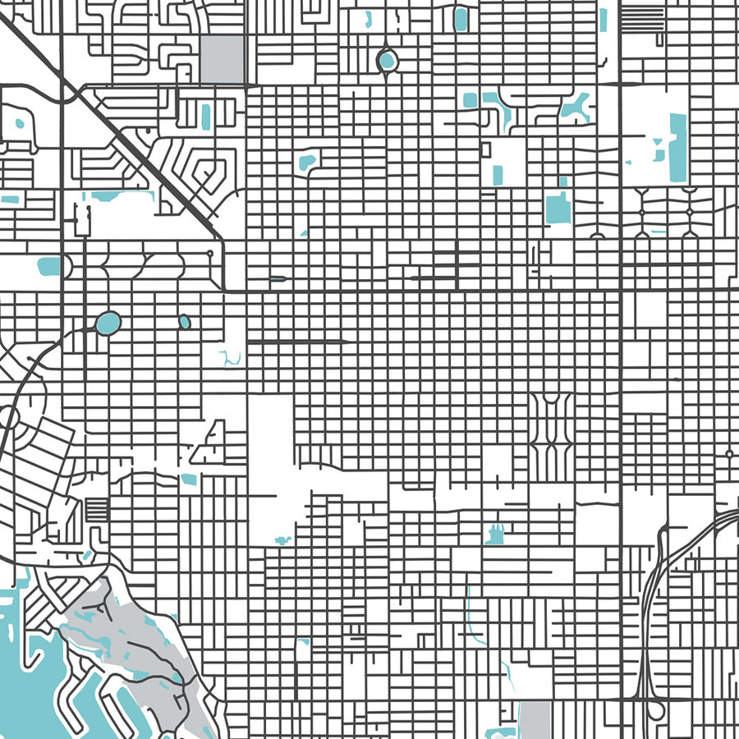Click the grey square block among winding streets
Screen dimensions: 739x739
[222, 58]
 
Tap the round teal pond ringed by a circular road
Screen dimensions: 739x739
[386, 60]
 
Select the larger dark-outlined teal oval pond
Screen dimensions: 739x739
[108, 323]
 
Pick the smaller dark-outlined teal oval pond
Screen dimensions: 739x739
[184, 322]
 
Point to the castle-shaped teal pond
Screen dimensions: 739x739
[494, 535]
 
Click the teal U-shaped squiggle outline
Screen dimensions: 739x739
[230, 358]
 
